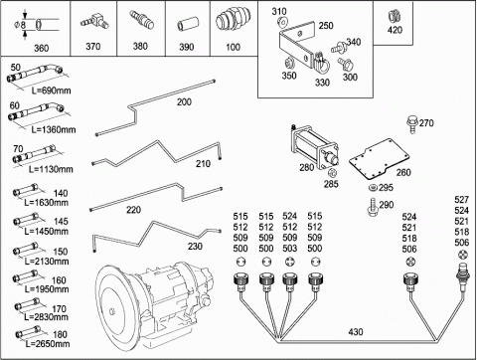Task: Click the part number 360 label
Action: (42, 49)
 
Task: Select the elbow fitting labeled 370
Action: (95, 22)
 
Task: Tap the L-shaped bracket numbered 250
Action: (297, 44)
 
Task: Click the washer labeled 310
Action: (283, 23)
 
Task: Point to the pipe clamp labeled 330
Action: (322, 63)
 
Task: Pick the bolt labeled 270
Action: (412, 124)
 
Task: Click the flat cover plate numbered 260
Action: (379, 158)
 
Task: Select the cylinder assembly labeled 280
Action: (314, 147)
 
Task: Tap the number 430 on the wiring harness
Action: (356, 332)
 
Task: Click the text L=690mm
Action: (52, 90)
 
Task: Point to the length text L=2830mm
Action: (47, 317)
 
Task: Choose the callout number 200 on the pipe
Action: (184, 102)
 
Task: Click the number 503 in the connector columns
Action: (290, 248)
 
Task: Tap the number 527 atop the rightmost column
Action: (462, 200)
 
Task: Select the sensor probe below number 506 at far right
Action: (462, 276)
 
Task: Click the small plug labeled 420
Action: (395, 17)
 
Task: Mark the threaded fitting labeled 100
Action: (234, 21)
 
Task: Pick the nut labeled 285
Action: (332, 173)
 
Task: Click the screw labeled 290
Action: (373, 207)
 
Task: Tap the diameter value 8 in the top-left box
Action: (23, 25)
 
